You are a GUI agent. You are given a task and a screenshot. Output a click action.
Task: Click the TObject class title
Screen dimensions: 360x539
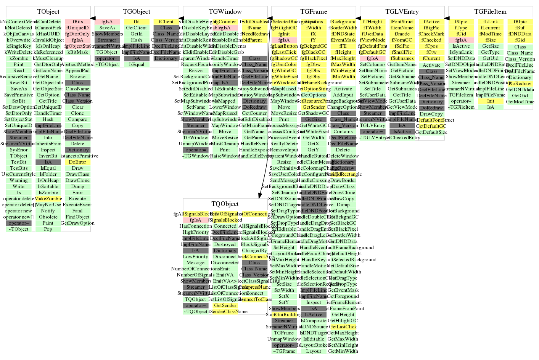point(48,12)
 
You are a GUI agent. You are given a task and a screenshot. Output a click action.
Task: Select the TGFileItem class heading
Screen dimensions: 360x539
point(490,12)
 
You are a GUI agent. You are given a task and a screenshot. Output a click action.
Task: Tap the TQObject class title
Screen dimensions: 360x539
point(225,204)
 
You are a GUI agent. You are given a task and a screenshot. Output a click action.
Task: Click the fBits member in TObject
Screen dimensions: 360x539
point(77,22)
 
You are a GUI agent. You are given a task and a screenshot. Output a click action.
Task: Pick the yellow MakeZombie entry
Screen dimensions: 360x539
point(48,199)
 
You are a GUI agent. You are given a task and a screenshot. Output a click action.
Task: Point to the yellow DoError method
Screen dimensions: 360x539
point(77,162)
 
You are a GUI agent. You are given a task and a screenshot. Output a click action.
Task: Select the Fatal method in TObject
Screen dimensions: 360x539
point(77,211)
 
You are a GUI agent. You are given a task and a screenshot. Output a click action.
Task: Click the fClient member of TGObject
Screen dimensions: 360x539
point(166,22)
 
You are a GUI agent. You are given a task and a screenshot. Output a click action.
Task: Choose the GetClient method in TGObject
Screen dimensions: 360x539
point(137,28)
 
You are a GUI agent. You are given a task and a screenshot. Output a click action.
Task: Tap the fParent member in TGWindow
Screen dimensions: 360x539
point(254,40)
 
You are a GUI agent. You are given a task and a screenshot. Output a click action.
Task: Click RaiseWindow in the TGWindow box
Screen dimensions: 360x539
point(225,156)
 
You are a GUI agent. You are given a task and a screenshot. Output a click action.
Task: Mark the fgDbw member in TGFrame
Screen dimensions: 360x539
point(313,64)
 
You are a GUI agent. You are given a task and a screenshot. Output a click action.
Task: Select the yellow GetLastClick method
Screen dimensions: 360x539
point(343,327)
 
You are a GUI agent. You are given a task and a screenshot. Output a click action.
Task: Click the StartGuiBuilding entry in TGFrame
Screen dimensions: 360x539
point(284,315)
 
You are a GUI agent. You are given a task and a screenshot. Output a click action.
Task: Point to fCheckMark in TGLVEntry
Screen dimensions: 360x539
point(431,34)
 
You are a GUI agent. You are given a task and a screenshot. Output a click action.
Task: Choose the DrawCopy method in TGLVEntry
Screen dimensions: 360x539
point(431,114)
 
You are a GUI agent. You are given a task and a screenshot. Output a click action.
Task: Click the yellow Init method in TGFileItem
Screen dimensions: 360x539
point(491,101)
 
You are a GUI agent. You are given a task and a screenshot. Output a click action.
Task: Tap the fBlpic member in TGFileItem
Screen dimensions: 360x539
point(520,22)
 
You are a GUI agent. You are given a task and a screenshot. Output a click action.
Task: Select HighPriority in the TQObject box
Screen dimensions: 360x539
point(196,232)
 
